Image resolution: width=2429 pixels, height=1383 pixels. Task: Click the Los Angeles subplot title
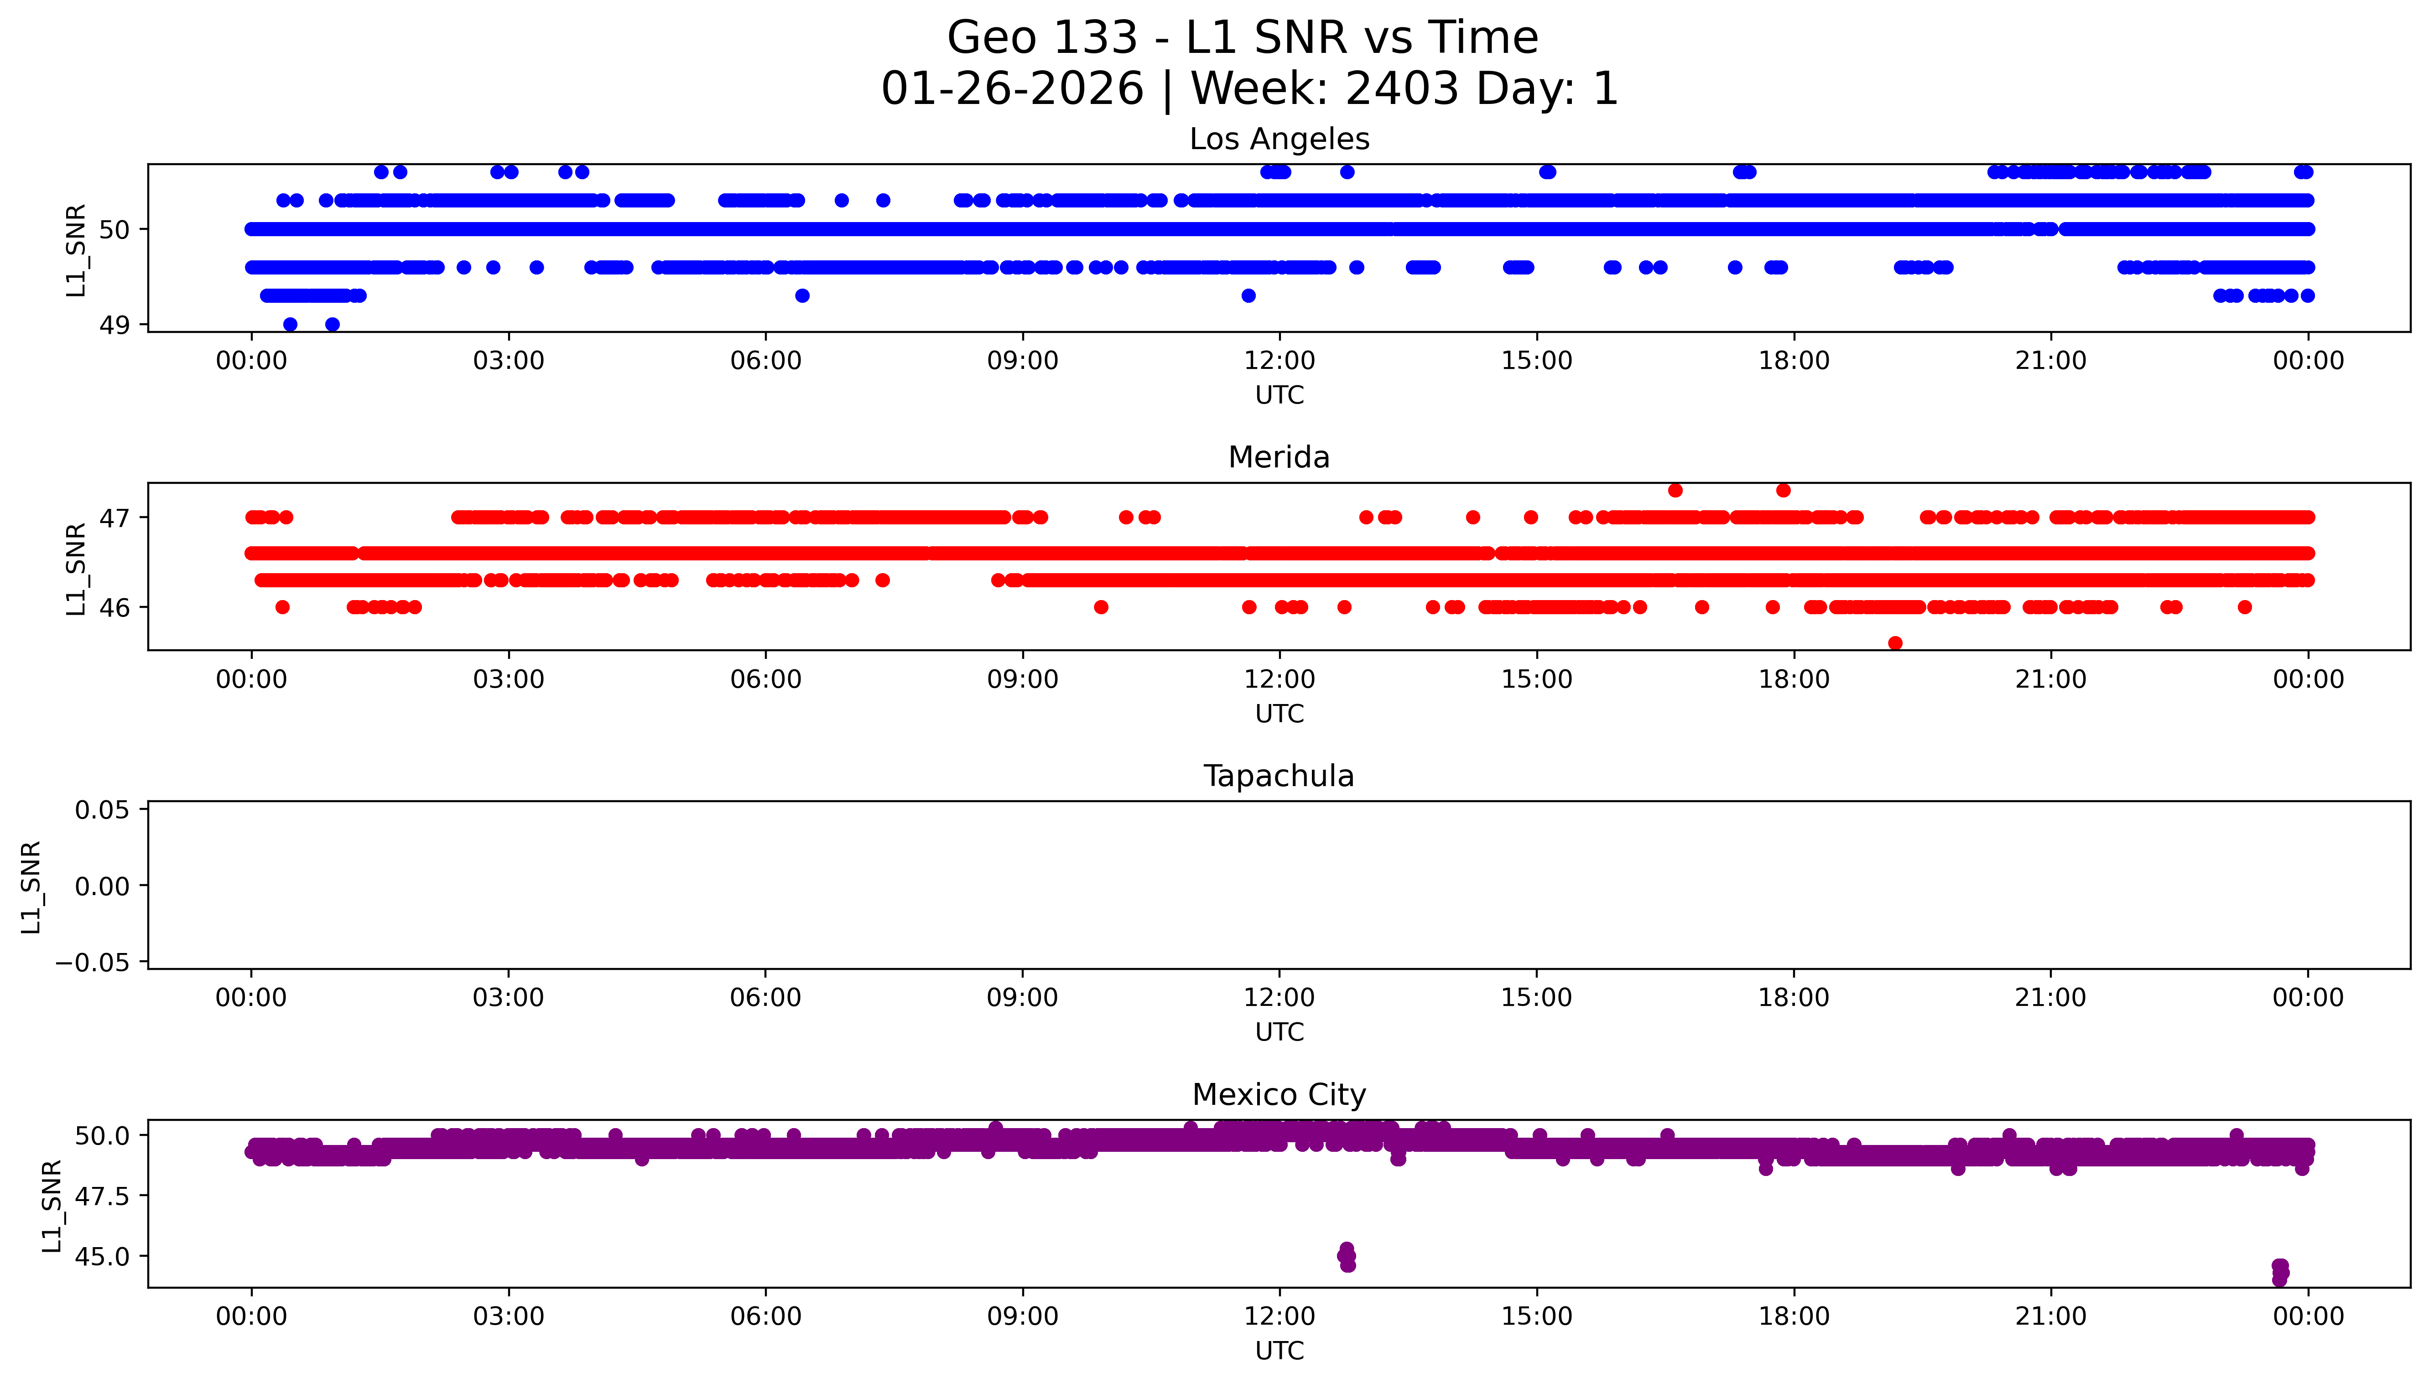1279,140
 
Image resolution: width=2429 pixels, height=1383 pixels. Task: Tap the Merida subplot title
1279,458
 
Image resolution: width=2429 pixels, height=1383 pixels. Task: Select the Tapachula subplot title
1279,776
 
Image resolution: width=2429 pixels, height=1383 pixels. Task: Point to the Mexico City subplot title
1279,1095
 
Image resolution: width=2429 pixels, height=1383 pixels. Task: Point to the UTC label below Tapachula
1279,1032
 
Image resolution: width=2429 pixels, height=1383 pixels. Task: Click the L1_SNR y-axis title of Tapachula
31,886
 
